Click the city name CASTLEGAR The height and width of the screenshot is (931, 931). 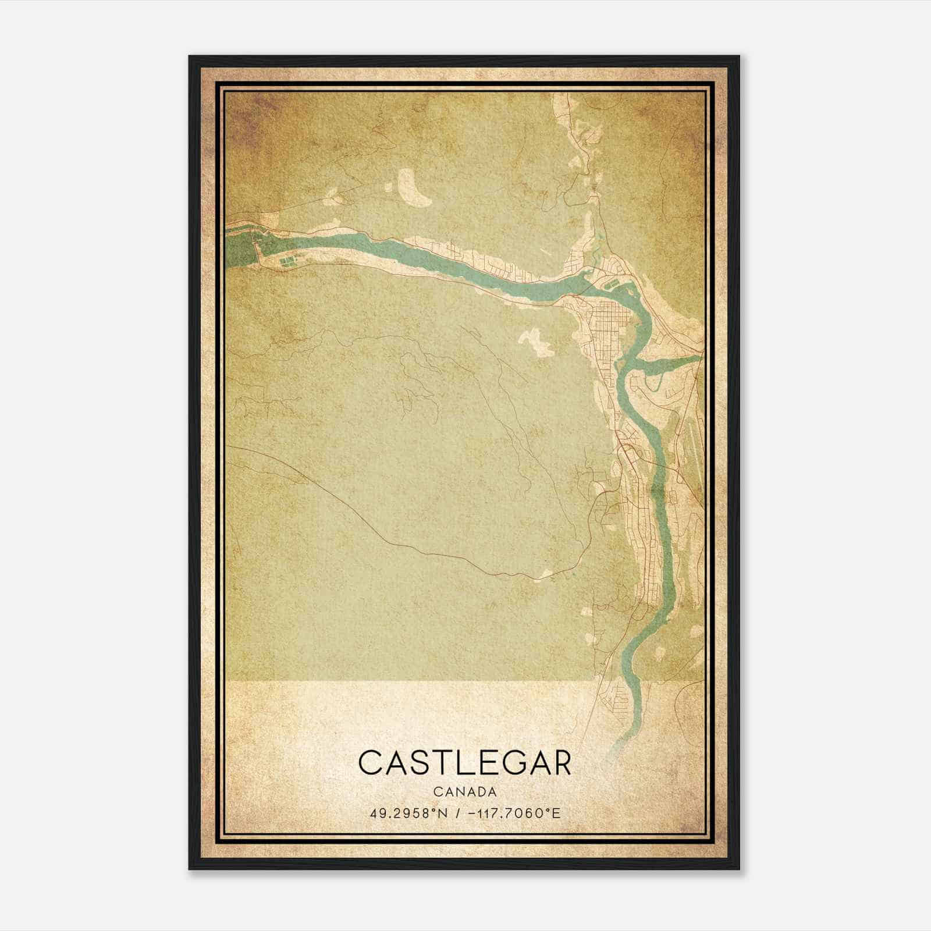tap(465, 763)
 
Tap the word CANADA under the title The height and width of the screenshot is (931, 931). tap(465, 792)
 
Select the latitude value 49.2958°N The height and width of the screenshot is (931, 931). tap(408, 813)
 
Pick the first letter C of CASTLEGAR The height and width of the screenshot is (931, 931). tap(370, 763)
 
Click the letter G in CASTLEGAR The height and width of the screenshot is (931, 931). tap(501, 763)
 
